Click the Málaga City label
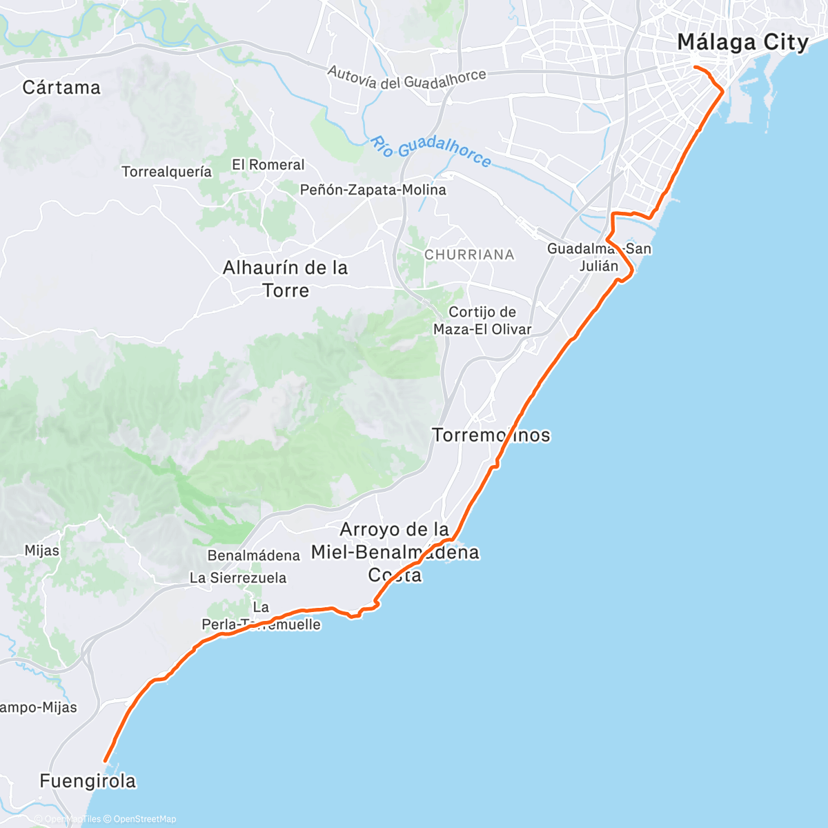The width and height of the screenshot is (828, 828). point(742,42)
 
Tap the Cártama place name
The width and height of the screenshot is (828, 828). point(61,88)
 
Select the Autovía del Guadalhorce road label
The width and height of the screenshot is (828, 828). point(406,79)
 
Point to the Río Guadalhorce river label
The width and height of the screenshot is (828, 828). point(431,151)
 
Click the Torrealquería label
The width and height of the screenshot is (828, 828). point(166,172)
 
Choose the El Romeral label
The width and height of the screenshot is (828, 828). point(268,165)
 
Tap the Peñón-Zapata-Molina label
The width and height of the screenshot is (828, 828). point(373,190)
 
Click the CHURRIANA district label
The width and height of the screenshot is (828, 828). point(469,255)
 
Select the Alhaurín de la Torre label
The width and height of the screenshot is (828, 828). point(285,279)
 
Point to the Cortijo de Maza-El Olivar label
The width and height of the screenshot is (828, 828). point(482,321)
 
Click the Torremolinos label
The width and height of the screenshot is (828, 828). point(491,435)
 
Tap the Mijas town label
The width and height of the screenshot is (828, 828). point(41,551)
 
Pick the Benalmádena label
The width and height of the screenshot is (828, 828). point(253,555)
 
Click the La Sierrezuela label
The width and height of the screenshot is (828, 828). point(238,578)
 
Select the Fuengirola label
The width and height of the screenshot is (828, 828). point(88,781)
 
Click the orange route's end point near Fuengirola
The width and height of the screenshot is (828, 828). point(105,761)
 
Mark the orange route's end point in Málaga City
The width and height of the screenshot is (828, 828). point(695,67)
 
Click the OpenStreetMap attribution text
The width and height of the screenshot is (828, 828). point(144,819)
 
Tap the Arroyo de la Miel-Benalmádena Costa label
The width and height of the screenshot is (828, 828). point(395,552)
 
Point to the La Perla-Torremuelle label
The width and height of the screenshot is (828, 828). point(261,616)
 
